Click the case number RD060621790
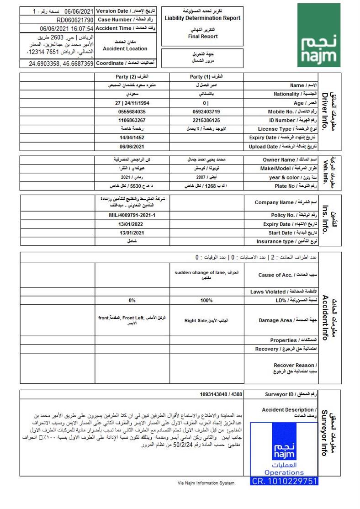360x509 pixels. tap(75, 20)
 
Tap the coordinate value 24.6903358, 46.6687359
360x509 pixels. tap(61, 64)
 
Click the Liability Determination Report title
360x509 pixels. tap(202, 18)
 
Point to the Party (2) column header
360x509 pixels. tap(132, 77)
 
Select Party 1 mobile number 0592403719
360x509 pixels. tap(206, 111)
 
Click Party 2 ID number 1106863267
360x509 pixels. tap(132, 120)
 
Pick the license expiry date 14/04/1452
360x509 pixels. tap(132, 138)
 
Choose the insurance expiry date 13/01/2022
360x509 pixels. tap(132, 224)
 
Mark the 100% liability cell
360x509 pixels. tap(206, 301)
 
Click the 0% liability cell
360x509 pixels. tap(132, 301)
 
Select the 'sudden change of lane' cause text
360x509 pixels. tap(200, 273)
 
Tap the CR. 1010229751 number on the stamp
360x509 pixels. tap(284, 481)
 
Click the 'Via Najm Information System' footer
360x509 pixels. tap(206, 483)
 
